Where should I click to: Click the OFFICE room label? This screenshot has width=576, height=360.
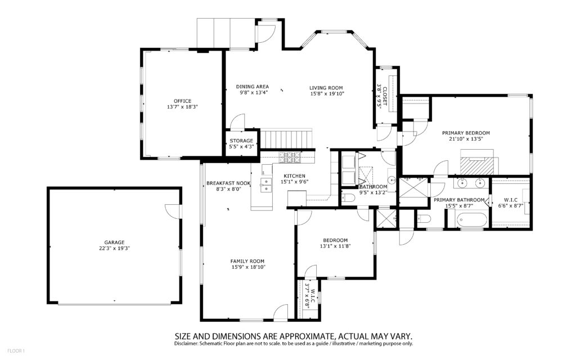click(x=183, y=101)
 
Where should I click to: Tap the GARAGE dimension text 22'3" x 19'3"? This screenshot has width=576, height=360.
click(x=115, y=248)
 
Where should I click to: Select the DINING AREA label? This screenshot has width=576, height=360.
click(x=253, y=87)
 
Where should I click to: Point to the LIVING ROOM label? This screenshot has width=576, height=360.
click(x=326, y=88)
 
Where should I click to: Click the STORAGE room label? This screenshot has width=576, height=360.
click(x=241, y=141)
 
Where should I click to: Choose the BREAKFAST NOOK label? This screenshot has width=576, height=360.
click(x=228, y=183)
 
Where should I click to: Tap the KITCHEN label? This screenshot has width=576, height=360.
click(x=294, y=176)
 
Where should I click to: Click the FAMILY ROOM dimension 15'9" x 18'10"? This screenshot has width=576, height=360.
click(x=248, y=267)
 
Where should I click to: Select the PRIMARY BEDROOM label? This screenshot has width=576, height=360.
click(x=466, y=133)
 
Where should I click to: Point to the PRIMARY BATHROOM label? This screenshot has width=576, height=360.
click(x=459, y=200)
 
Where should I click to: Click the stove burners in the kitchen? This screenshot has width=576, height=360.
click(x=290, y=157)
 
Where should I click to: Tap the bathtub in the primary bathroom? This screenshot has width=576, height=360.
click(x=471, y=220)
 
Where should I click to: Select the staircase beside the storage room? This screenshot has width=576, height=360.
click(x=286, y=138)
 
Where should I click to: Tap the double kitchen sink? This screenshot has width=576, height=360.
click(x=266, y=186)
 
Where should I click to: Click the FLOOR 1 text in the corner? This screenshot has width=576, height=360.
click(x=16, y=351)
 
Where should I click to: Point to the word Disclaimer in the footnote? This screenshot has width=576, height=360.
click(x=186, y=344)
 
